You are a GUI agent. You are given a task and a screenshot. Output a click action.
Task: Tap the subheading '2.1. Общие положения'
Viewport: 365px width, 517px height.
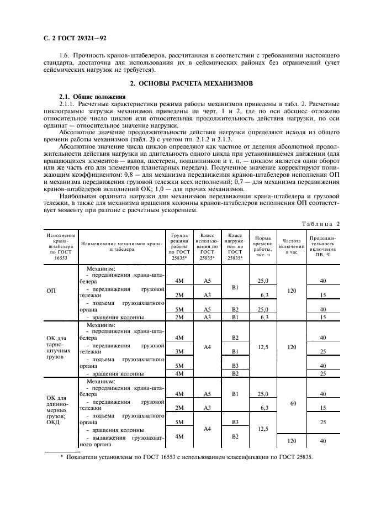84,96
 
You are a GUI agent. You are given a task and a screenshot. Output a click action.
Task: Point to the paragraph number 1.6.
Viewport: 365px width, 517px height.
64,55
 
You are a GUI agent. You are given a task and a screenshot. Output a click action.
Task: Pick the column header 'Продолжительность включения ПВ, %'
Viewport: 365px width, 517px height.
323,246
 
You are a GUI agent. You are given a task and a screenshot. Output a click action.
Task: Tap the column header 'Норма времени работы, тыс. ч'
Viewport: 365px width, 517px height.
262,246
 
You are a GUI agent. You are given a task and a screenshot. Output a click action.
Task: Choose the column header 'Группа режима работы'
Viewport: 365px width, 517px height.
179,246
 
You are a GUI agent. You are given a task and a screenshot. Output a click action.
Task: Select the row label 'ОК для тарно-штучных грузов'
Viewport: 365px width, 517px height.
56,346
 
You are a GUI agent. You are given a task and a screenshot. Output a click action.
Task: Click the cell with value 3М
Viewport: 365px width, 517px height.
179,351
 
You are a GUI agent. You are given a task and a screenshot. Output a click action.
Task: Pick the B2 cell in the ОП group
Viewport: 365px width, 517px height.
235,309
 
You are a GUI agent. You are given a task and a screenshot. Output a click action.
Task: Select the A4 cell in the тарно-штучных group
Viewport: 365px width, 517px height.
207,347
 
